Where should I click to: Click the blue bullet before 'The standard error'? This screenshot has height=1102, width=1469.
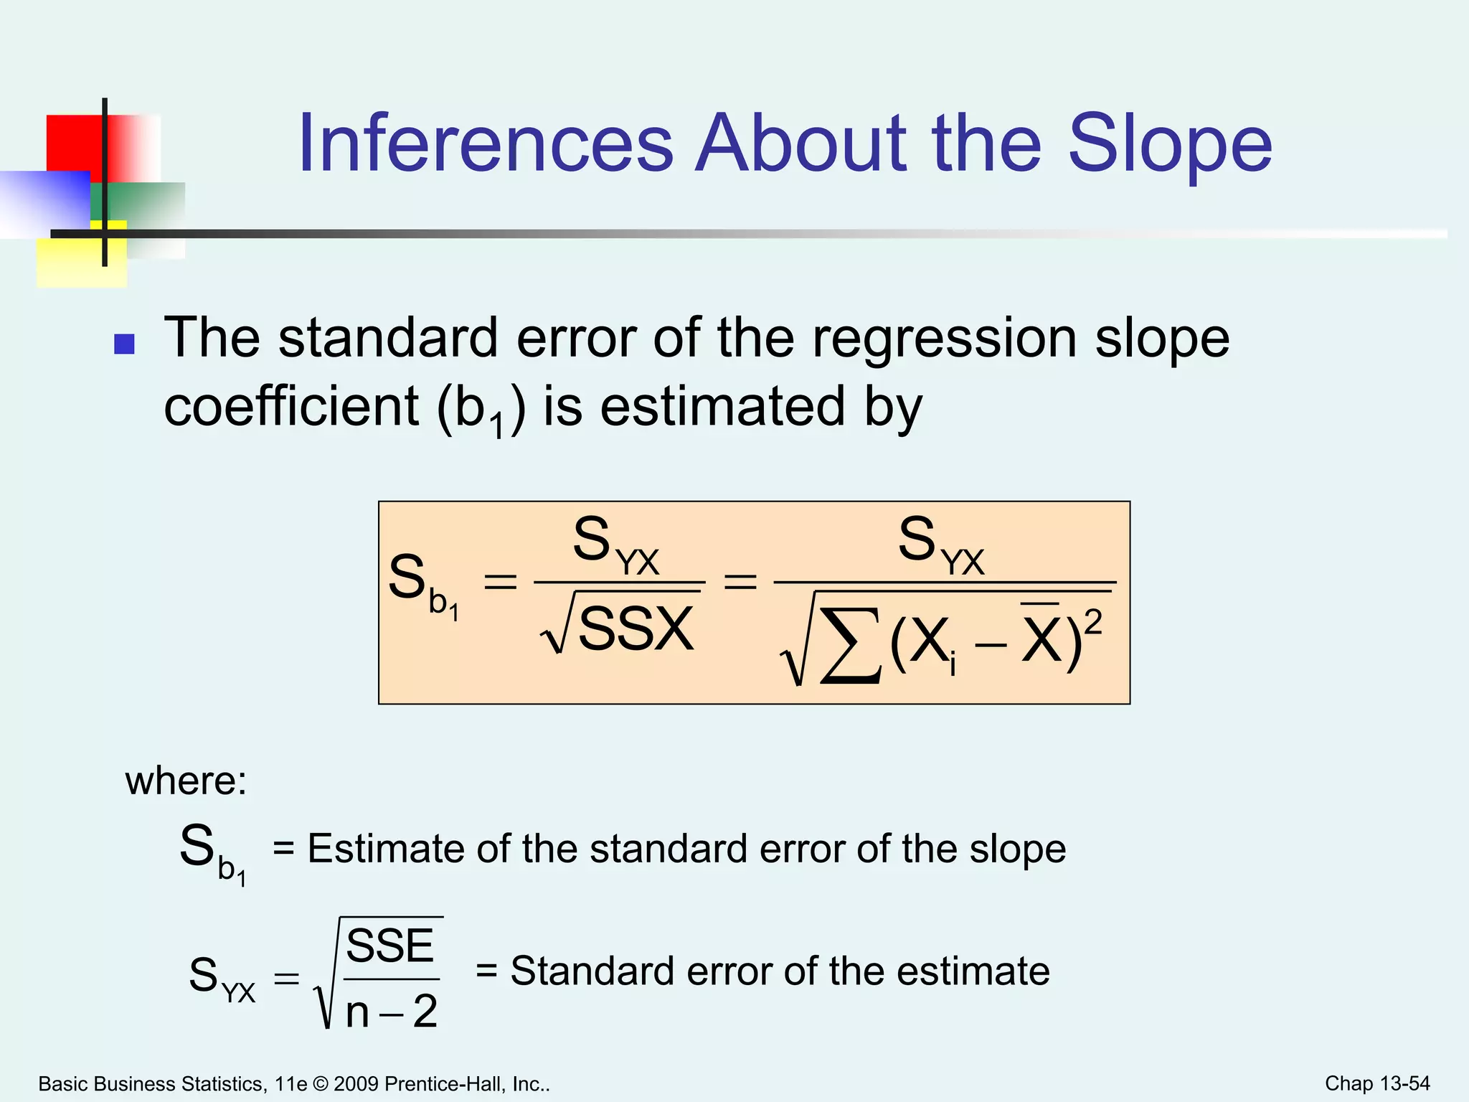125,344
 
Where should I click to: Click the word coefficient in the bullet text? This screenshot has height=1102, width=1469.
291,407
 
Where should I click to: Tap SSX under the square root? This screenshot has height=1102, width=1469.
636,629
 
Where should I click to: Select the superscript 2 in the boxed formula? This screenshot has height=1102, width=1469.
1092,622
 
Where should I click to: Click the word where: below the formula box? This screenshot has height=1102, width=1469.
186,781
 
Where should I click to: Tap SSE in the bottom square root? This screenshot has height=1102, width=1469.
390,946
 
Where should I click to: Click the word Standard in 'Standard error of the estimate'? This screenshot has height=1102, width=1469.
592,971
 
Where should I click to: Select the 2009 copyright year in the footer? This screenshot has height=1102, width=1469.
356,1084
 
